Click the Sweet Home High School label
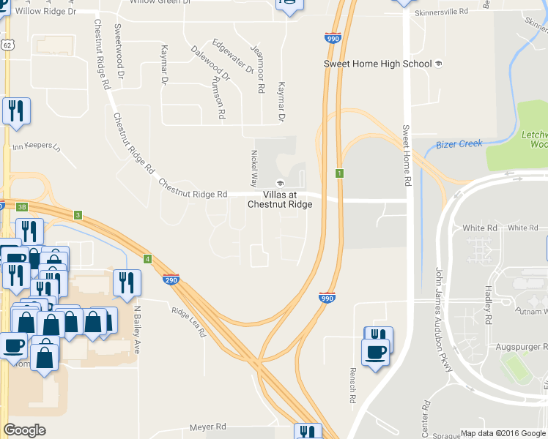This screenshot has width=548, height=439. tap(378, 64)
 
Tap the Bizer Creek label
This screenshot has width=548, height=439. tap(459, 143)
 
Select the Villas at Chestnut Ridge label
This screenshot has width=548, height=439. tap(280, 199)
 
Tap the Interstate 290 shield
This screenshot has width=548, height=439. tap(170, 279)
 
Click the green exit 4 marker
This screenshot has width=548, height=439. tap(148, 259)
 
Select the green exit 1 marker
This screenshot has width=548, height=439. tap(340, 173)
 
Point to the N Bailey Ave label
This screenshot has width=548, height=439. tap(136, 329)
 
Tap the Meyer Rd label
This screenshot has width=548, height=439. tap(208, 427)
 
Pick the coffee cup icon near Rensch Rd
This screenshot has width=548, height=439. tap(376, 353)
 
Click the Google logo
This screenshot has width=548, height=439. tap(25, 430)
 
